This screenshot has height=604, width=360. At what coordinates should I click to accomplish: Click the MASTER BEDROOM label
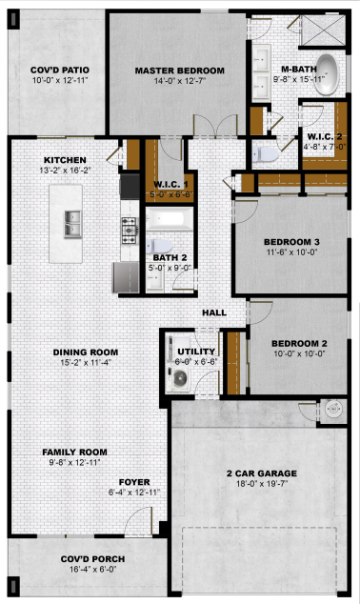(179, 70)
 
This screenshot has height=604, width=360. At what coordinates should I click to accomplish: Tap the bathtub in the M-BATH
(327, 74)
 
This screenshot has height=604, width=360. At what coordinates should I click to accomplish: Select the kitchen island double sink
(72, 224)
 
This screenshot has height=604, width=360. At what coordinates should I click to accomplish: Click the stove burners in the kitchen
(129, 231)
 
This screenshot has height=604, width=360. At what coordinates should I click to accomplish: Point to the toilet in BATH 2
(158, 246)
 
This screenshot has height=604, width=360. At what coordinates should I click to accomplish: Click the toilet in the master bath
(266, 154)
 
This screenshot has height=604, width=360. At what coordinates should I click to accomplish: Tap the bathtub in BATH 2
(170, 219)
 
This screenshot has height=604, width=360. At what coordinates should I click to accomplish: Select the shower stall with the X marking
(323, 30)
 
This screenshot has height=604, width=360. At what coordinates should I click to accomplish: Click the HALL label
(214, 312)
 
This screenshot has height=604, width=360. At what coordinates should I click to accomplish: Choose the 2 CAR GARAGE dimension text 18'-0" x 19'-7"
(262, 484)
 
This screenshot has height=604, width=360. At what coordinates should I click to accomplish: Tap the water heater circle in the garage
(333, 410)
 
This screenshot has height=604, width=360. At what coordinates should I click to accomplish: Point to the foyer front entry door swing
(138, 521)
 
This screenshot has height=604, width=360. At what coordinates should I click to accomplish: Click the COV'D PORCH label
(92, 559)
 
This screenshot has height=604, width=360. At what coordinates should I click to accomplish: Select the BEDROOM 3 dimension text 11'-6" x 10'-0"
(292, 252)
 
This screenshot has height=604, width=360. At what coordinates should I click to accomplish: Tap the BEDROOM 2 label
(300, 344)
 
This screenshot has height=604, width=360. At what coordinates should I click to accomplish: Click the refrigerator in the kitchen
(126, 277)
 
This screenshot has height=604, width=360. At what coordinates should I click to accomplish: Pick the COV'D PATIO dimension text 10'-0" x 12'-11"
(60, 80)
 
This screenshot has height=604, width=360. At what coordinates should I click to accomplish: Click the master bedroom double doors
(215, 126)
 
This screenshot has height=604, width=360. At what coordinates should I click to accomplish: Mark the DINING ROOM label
(86, 352)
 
